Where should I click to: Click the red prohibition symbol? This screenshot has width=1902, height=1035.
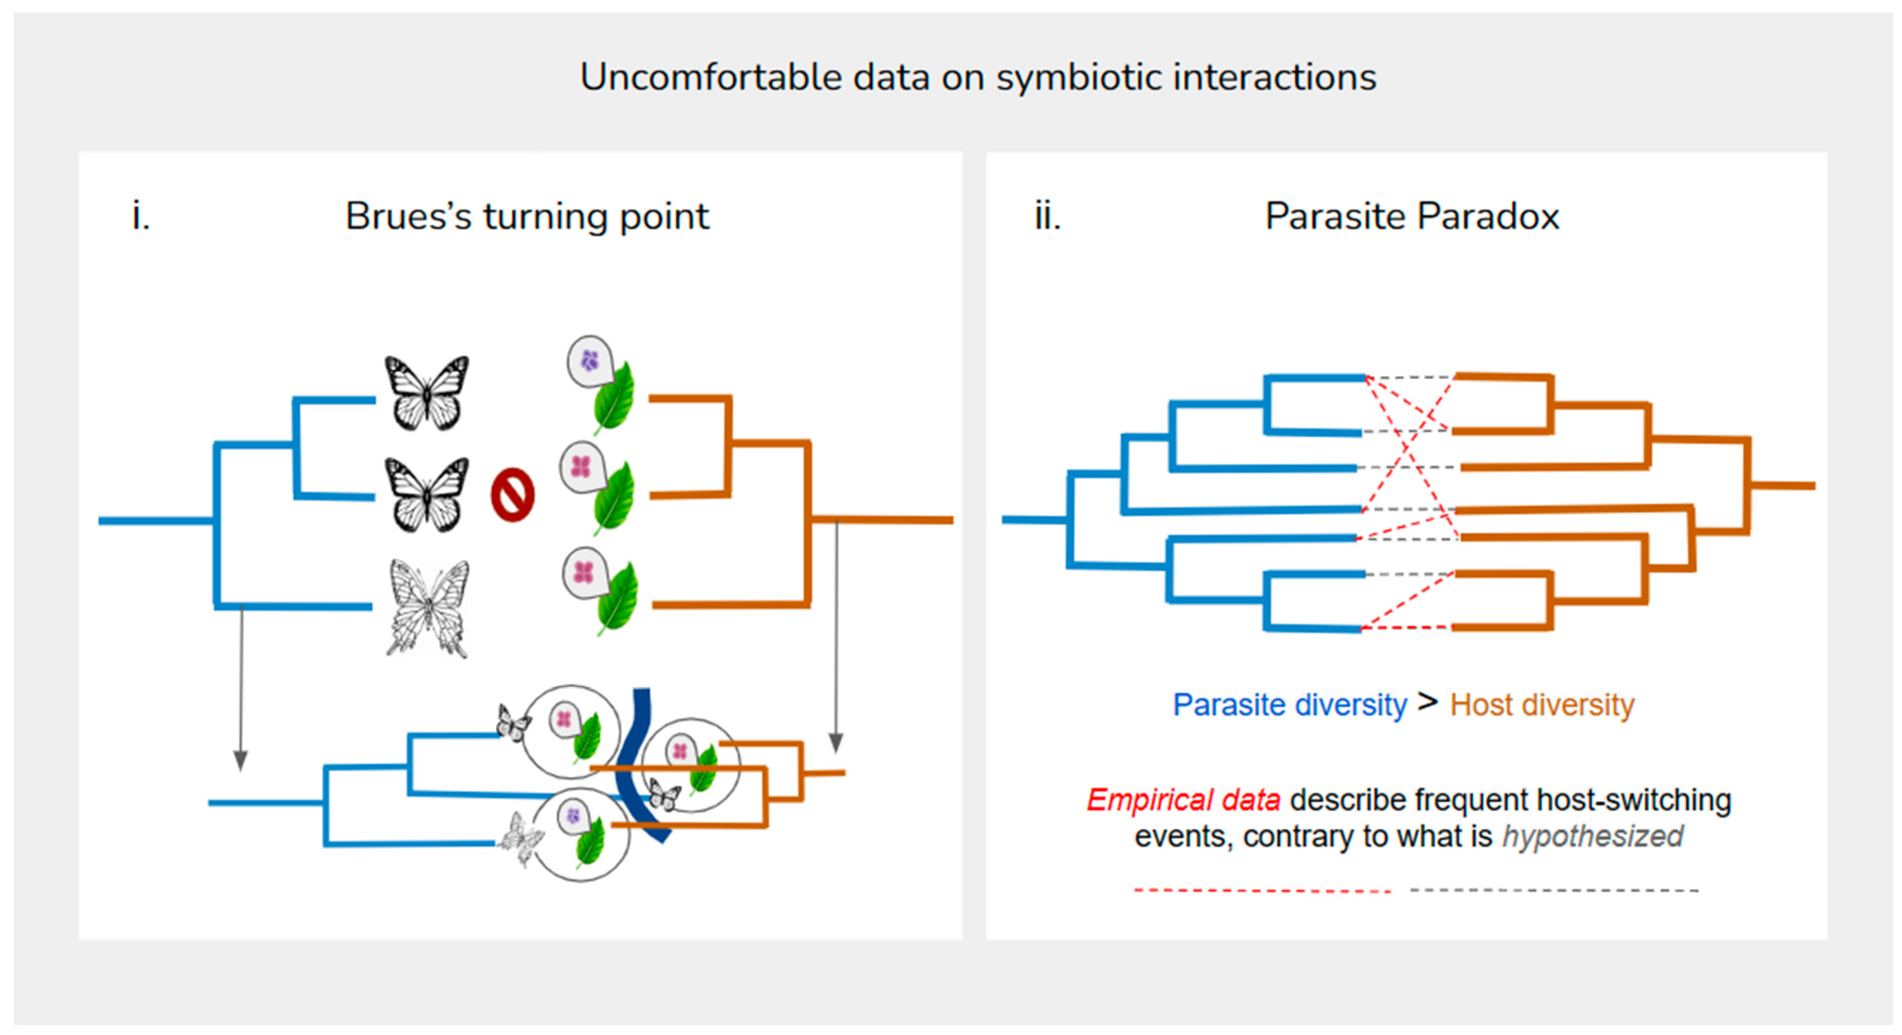click(x=512, y=495)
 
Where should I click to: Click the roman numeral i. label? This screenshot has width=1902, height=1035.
click(x=141, y=216)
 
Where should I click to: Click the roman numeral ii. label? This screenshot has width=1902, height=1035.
click(x=1047, y=216)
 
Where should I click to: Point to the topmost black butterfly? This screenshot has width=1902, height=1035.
click(x=427, y=393)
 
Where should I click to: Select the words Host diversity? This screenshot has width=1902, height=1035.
click(x=1541, y=705)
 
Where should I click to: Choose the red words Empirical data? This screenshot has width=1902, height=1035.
click(x=1183, y=800)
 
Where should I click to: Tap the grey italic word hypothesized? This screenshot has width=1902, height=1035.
click(x=1592, y=837)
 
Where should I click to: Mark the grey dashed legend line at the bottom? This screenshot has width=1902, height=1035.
click(x=1554, y=890)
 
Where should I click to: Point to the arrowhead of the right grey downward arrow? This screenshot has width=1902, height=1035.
click(x=836, y=742)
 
